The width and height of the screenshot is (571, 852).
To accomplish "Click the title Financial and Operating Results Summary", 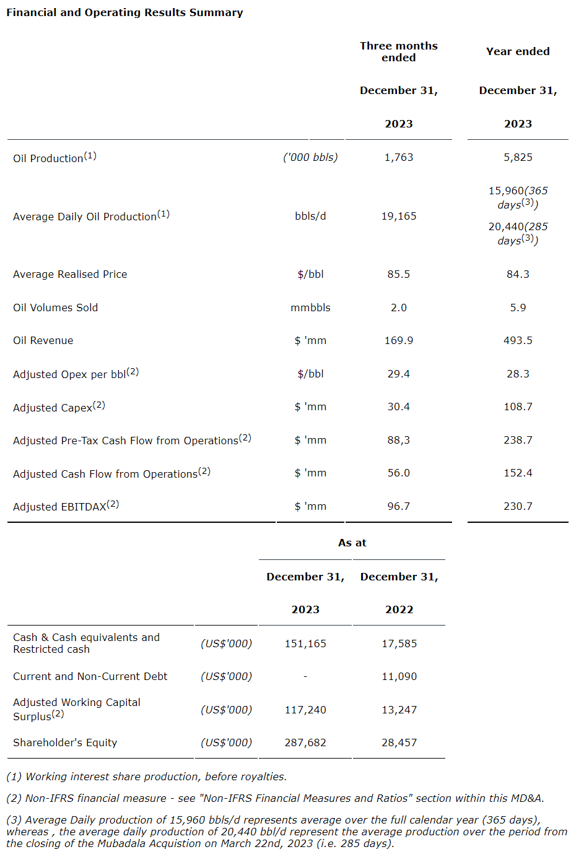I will tap(124, 12).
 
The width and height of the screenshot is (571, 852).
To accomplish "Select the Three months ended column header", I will tap(398, 51).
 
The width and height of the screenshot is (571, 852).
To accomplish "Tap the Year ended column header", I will tap(518, 51).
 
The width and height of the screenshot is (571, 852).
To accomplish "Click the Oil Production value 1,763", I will tap(398, 157).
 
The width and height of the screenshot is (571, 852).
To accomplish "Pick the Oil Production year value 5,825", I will tap(518, 157).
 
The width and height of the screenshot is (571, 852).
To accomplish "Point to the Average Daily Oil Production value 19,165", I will tap(398, 216).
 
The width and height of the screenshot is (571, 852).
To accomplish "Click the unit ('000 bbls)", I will tap(310, 157).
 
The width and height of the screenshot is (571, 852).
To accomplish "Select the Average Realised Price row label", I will tap(70, 274).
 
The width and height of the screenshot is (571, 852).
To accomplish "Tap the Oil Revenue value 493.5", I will tap(518, 340).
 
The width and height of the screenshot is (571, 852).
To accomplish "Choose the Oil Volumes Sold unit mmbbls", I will tap(310, 308).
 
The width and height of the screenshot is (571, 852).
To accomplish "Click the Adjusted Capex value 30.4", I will tap(398, 407).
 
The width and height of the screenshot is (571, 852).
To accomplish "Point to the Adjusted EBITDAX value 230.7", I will tap(518, 506).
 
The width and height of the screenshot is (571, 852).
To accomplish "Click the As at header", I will tap(352, 543).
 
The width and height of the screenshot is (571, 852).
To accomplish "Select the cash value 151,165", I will tap(305, 643).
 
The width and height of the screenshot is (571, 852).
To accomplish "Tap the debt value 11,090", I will tap(399, 676).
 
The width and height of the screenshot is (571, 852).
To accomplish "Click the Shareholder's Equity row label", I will tap(65, 742).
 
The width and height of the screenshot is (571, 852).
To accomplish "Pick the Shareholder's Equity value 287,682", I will tap(305, 742).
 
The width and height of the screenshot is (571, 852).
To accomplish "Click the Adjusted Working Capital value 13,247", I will tap(399, 710).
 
